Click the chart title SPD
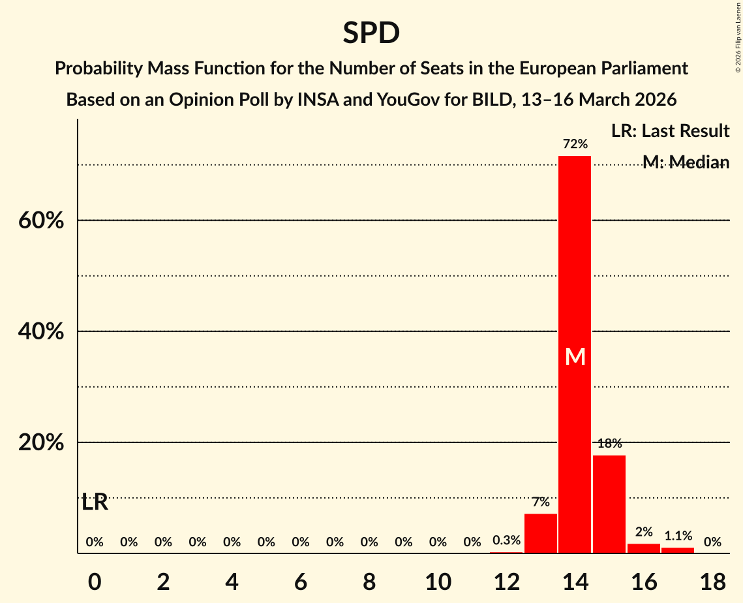(x=371, y=33)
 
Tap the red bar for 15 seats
(x=609, y=504)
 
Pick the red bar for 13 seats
(x=541, y=533)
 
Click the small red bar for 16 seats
(x=643, y=548)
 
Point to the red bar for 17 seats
(x=678, y=550)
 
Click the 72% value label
(x=575, y=144)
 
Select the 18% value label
(x=609, y=444)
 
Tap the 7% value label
(x=541, y=502)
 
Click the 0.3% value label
(x=506, y=540)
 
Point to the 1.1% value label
(x=678, y=536)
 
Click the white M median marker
(x=575, y=356)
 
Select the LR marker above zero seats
(x=95, y=502)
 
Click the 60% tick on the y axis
(x=41, y=221)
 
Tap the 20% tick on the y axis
(x=41, y=442)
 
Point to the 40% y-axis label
(x=41, y=332)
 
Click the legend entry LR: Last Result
(x=670, y=131)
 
